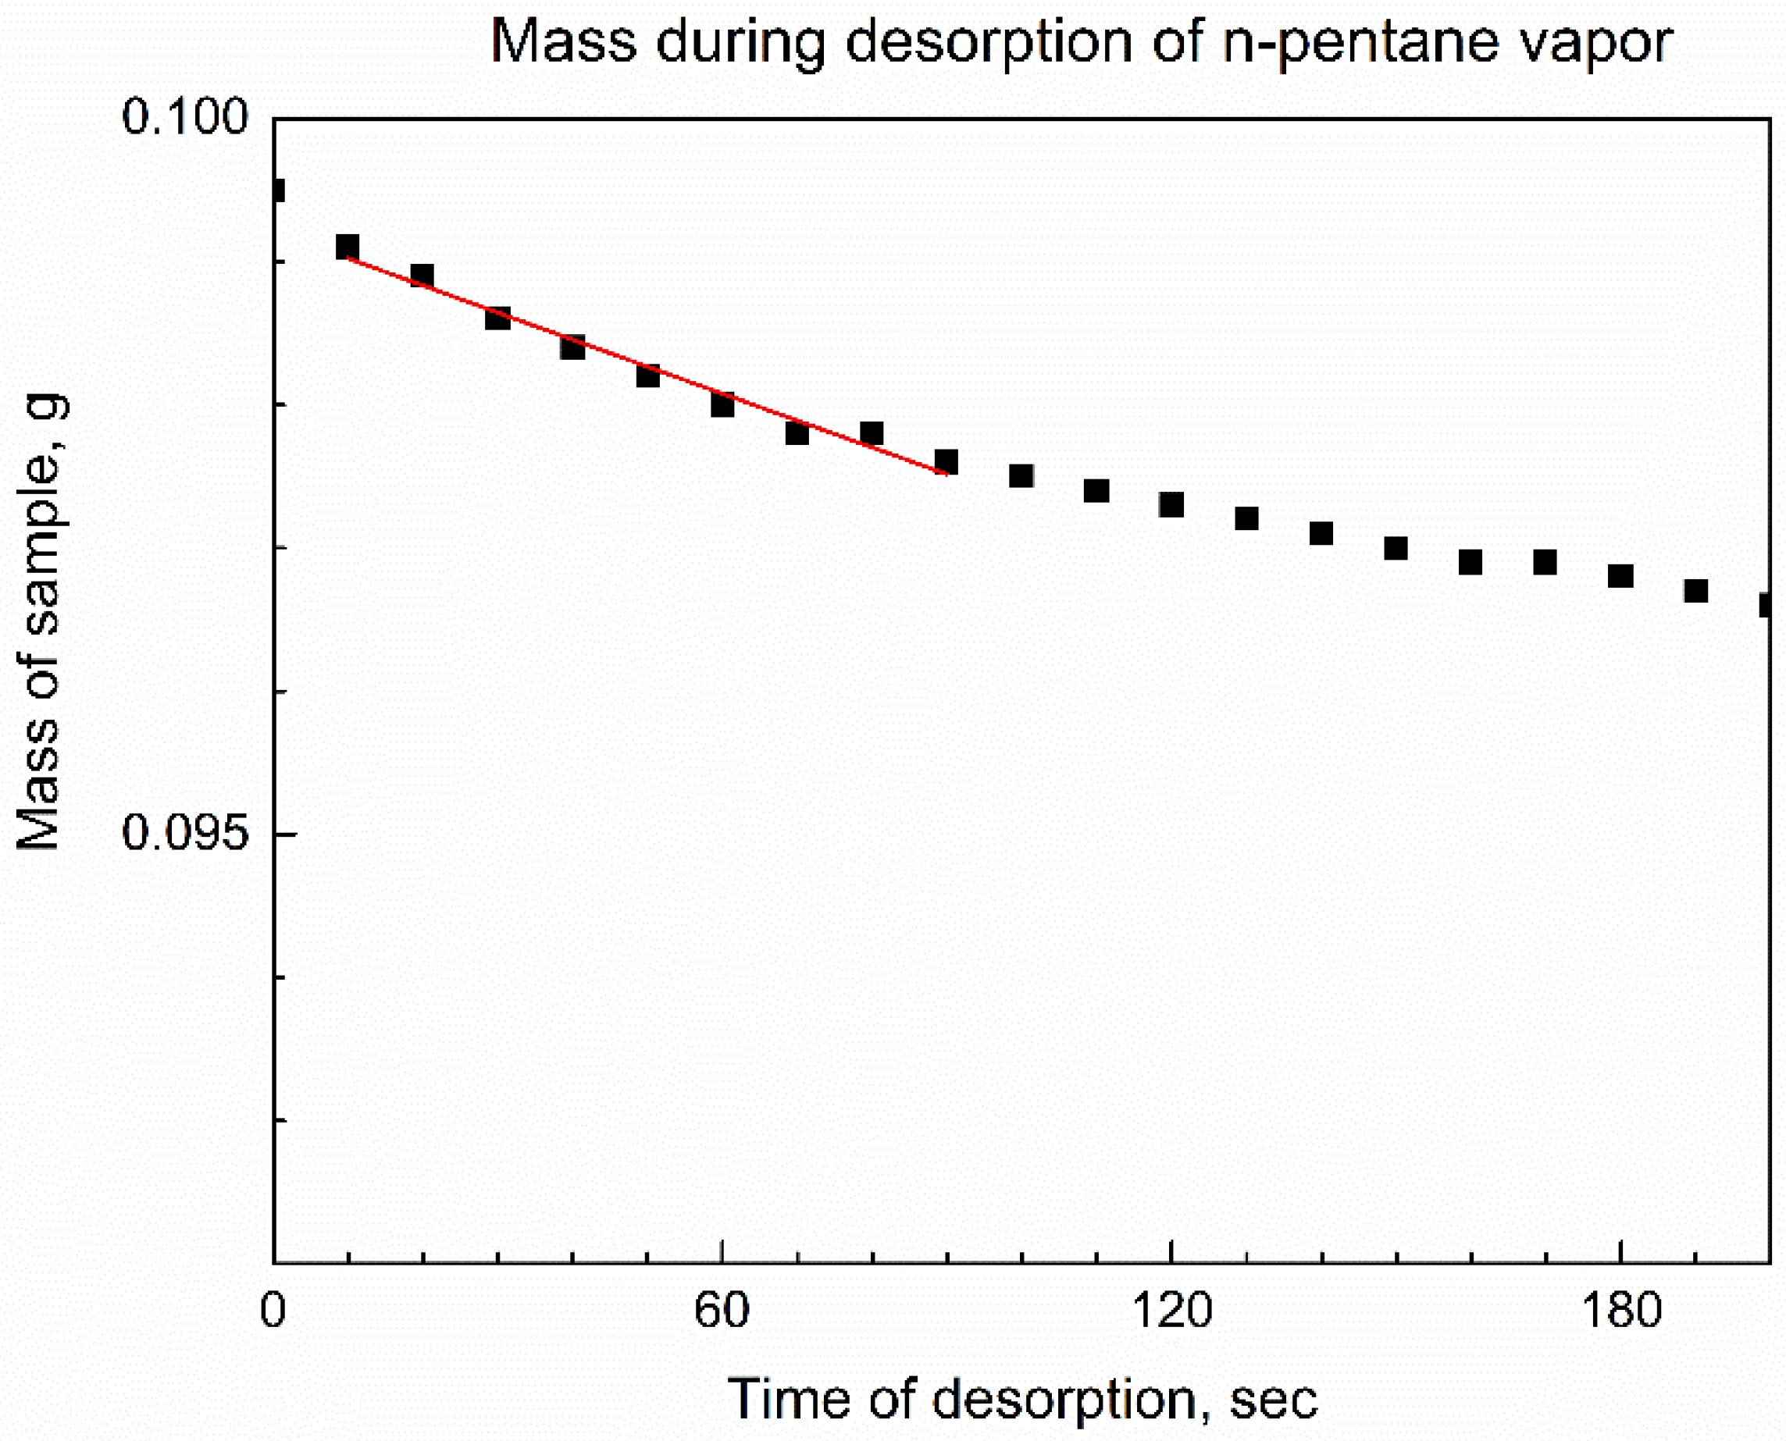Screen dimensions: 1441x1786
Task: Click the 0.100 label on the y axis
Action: pyautogui.click(x=184, y=116)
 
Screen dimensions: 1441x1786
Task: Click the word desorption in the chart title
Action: pyautogui.click(x=988, y=41)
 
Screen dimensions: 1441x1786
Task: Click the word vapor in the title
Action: pyautogui.click(x=1591, y=41)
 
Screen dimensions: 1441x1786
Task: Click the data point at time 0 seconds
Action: pyautogui.click(x=277, y=191)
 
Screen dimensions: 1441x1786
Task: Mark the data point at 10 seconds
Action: pyautogui.click(x=347, y=247)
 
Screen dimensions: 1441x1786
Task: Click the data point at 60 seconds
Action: pyautogui.click(x=722, y=405)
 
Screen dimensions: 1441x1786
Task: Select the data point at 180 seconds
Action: pyautogui.click(x=1620, y=576)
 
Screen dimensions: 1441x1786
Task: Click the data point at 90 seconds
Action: pyautogui.click(x=946, y=461)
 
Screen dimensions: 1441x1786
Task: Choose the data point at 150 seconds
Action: pyautogui.click(x=1396, y=548)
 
